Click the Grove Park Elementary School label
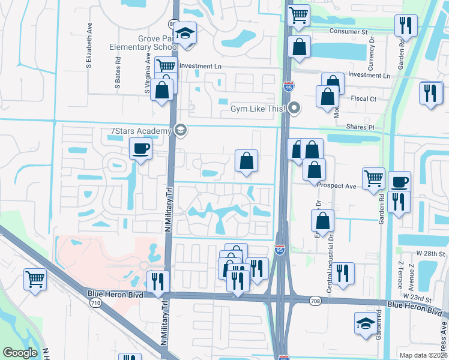(140, 43)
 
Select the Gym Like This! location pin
(294, 109)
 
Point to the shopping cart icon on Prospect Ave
(373, 178)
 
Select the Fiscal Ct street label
(364, 99)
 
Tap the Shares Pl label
(360, 128)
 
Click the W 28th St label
(432, 254)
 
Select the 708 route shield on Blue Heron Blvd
(315, 300)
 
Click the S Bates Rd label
(118, 73)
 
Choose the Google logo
(20, 353)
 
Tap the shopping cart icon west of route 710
(35, 278)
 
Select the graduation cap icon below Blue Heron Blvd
(366, 323)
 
